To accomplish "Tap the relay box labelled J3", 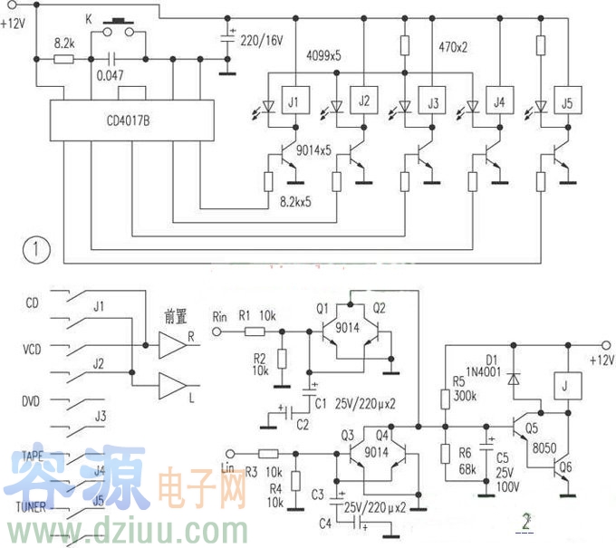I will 432,101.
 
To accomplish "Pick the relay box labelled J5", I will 566,101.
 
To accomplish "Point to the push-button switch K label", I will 88,19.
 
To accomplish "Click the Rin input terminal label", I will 220,315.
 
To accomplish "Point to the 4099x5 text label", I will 324,56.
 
